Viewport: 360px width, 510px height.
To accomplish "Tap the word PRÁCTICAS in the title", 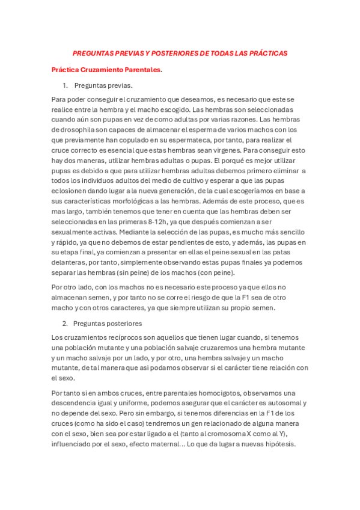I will (266, 54).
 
